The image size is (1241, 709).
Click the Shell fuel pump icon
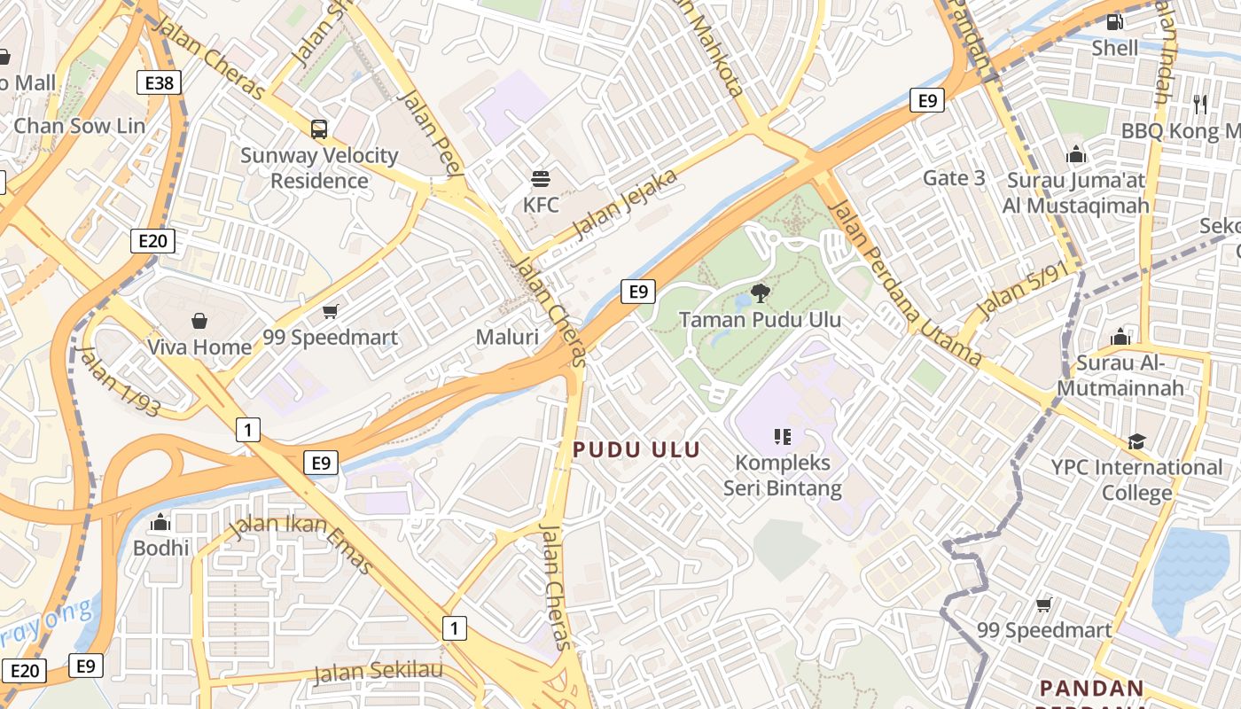[x=1115, y=21]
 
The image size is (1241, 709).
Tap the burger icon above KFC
[x=541, y=179]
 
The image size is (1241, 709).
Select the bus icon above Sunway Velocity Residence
[x=319, y=129]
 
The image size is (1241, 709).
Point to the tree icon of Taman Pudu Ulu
[x=760, y=292]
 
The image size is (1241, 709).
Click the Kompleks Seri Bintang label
[x=783, y=475]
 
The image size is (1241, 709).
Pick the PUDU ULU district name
[x=636, y=449]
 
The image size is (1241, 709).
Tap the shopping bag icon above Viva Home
[x=199, y=320]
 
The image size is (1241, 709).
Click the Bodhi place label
[x=161, y=548]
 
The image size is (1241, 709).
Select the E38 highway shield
[x=160, y=83]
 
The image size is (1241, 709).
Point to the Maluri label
[x=507, y=337]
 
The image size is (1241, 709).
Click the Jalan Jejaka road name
[x=626, y=205]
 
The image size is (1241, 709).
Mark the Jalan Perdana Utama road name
[x=904, y=283]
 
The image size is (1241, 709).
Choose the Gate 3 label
[x=954, y=178]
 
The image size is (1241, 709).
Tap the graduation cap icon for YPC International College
[x=1136, y=441]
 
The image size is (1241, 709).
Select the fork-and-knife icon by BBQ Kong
[x=1200, y=105]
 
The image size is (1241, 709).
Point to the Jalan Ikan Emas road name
[x=300, y=543]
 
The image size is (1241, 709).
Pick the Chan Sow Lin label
[x=80, y=126]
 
